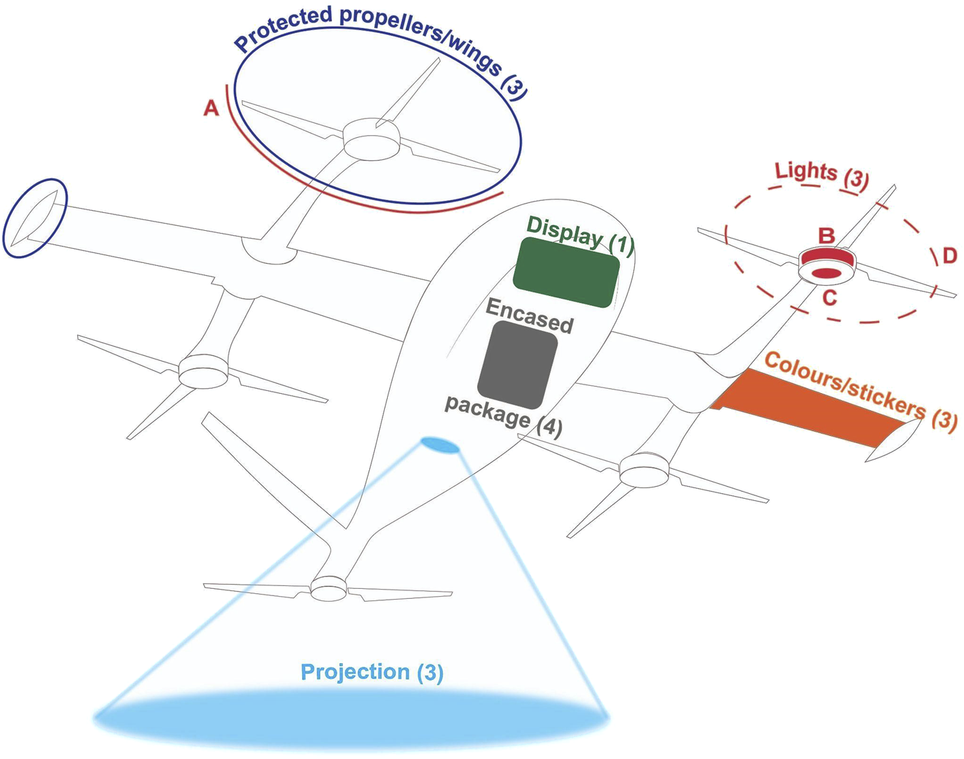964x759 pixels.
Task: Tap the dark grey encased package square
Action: tap(518, 365)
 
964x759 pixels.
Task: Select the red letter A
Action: tap(211, 108)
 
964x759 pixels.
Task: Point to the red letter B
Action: tap(826, 235)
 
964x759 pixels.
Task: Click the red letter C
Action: tap(829, 297)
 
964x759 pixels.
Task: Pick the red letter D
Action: tap(949, 255)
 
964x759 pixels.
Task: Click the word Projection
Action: tap(355, 672)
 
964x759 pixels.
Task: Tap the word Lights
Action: tap(805, 172)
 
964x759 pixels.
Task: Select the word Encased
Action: tap(529, 316)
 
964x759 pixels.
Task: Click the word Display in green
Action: tap(564, 232)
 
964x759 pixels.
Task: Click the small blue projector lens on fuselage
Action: tap(440, 445)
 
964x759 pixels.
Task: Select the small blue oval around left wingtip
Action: tap(35, 218)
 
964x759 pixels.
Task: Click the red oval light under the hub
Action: tap(825, 273)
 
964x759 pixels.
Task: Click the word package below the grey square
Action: tap(487, 411)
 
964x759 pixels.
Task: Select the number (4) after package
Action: tap(549, 426)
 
